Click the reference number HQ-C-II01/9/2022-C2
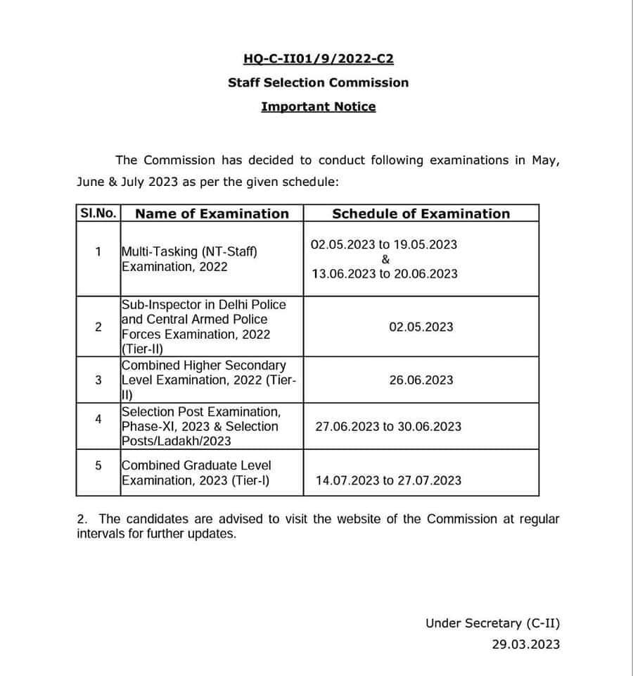click(x=318, y=59)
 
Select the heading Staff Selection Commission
click(x=318, y=82)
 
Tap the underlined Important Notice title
click(x=318, y=106)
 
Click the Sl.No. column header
click(x=98, y=213)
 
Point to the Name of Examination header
click(x=212, y=213)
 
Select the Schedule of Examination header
click(x=421, y=213)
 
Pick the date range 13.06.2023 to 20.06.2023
click(x=385, y=273)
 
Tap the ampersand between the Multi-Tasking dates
click(x=385, y=259)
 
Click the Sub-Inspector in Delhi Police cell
click(x=204, y=326)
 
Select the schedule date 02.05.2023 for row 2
click(x=421, y=327)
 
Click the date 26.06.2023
click(x=421, y=380)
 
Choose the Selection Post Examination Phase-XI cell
click(x=201, y=426)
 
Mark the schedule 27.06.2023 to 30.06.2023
click(x=388, y=426)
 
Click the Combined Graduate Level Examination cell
click(x=196, y=472)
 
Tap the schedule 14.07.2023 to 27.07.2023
click(x=388, y=480)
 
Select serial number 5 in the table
click(x=98, y=465)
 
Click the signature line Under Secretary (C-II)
click(x=492, y=622)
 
